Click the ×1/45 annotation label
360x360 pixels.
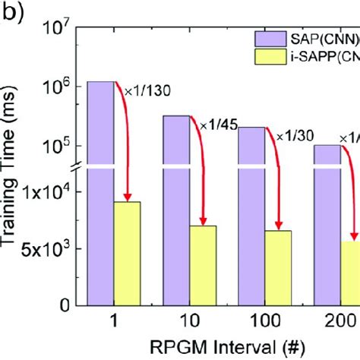pyautogui.click(x=215, y=124)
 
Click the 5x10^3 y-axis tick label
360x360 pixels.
pyautogui.click(x=49, y=248)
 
